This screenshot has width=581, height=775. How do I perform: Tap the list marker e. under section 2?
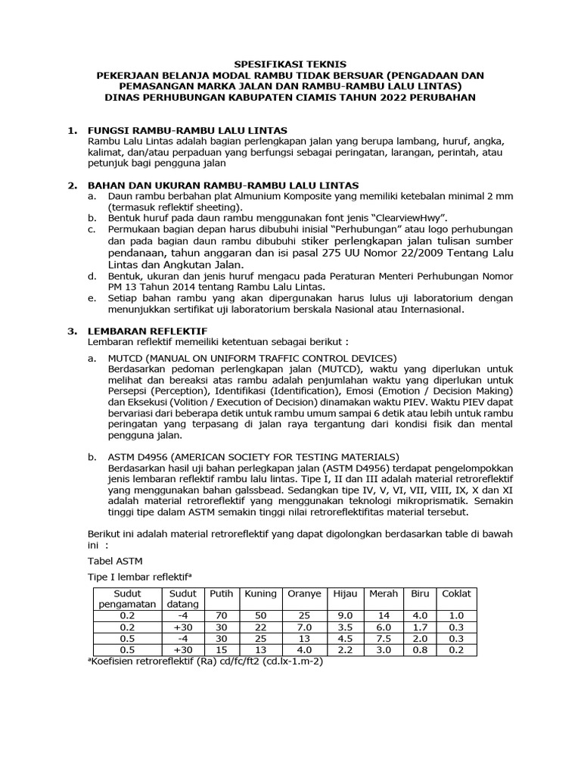tap(92, 298)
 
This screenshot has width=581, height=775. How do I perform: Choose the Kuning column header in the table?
tap(260, 594)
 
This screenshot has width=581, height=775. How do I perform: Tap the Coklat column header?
tap(457, 594)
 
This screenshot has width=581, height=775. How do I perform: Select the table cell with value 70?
tap(222, 616)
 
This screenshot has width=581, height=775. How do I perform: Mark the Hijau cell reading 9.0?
tap(345, 616)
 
